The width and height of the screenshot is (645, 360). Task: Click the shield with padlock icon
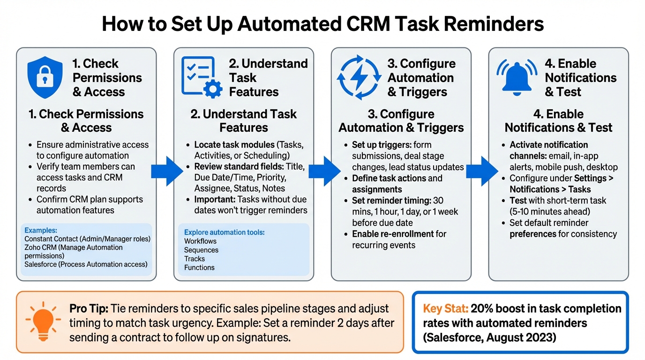coord(45,77)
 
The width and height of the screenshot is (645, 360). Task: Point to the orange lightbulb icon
coord(42,322)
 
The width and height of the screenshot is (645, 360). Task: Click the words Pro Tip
coord(89,308)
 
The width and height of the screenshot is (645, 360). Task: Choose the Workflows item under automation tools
coord(200,241)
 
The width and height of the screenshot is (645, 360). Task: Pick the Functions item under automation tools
coord(199,268)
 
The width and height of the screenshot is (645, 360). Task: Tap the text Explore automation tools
coord(225,232)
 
